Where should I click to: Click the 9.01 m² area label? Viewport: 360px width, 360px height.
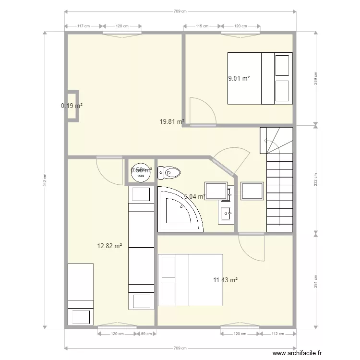click(239, 78)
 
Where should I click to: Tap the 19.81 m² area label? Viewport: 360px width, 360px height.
click(171, 122)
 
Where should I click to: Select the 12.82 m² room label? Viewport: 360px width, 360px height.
click(109, 246)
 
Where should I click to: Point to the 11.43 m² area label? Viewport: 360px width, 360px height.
click(226, 280)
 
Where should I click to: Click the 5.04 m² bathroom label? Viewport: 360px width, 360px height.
click(194, 196)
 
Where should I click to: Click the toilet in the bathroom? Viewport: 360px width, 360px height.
click(171, 172)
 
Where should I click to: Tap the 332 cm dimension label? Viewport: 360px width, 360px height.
click(316, 179)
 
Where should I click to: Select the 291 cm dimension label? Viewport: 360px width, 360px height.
click(316, 280)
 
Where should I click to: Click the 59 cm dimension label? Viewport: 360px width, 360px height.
click(146, 334)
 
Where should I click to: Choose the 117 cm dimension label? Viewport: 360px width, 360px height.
click(84, 26)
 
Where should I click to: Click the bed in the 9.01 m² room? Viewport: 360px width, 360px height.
click(260, 78)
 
